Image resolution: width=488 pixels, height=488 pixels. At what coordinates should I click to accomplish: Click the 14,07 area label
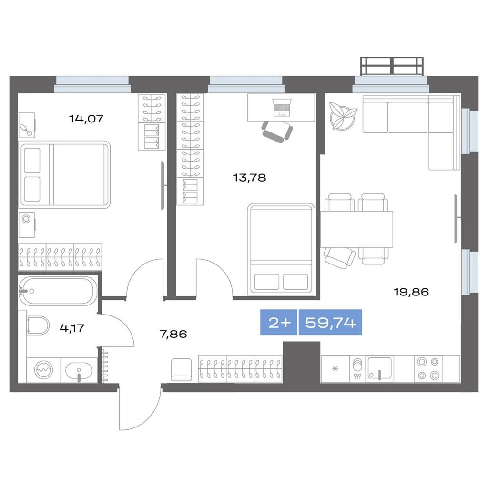pyautogui.click(x=86, y=119)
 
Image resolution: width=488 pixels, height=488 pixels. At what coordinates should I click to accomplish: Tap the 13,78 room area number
pyautogui.click(x=249, y=178)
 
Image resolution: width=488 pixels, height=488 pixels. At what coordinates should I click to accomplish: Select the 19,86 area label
pyautogui.click(x=411, y=292)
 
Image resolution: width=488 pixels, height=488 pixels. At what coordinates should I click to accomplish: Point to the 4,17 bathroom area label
pyautogui.click(x=72, y=328)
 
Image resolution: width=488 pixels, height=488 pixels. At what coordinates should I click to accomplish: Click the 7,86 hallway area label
pyautogui.click(x=173, y=334)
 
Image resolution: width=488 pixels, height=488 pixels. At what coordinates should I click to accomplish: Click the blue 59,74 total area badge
pyautogui.click(x=330, y=323)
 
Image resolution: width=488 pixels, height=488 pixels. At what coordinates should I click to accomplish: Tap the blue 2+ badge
pyautogui.click(x=279, y=323)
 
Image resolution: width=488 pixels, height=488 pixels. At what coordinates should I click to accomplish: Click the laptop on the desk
pyautogui.click(x=282, y=107)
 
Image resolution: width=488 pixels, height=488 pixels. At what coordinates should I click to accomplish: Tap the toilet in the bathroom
pyautogui.click(x=38, y=325)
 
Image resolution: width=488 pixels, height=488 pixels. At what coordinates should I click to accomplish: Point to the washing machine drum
pyautogui.click(x=43, y=370)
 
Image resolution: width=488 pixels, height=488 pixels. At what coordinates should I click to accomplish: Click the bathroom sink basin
pyautogui.click(x=79, y=370)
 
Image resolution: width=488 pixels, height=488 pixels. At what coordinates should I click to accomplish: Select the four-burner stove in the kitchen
pyautogui.click(x=428, y=369)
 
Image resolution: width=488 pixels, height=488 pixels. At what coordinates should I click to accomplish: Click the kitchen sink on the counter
pyautogui.click(x=380, y=368)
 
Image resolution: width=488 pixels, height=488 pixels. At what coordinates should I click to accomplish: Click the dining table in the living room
pyautogui.click(x=356, y=229)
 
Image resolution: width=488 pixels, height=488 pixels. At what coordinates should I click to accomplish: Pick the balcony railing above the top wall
pyautogui.click(x=392, y=66)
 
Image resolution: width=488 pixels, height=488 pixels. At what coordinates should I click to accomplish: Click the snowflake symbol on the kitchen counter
pyautogui.click(x=335, y=369)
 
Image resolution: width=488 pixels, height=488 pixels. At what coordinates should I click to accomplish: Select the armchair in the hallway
pyautogui.click(x=181, y=369)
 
